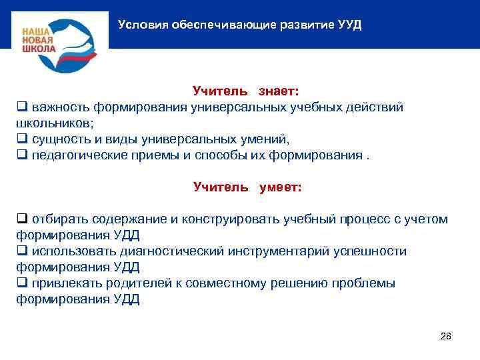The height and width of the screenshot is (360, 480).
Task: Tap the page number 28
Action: pyautogui.click(x=446, y=336)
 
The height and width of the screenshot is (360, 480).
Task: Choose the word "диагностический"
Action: pyautogui.click(x=173, y=251)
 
